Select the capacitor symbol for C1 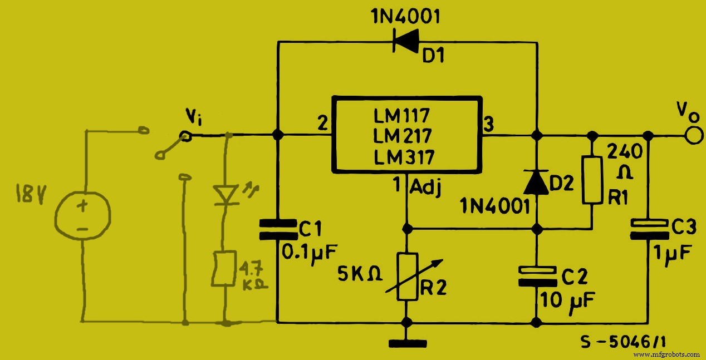click(277, 229)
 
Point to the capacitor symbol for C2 click(537, 276)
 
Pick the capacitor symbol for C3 click(648, 228)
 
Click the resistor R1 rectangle click(592, 179)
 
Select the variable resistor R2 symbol click(407, 277)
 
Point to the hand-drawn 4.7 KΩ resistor click(225, 269)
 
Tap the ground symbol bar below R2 click(406, 341)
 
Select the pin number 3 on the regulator click(489, 126)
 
